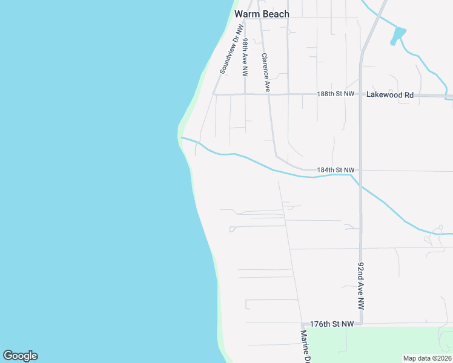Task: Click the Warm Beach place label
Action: click(262, 13)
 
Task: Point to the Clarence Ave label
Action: click(265, 73)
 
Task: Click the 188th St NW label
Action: click(335, 94)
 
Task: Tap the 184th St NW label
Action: click(335, 171)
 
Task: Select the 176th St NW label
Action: click(331, 324)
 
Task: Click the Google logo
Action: click(20, 356)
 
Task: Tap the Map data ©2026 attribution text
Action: click(427, 358)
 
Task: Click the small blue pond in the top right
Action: click(397, 35)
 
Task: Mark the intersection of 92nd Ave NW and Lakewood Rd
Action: click(360, 95)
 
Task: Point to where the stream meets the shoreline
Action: click(181, 138)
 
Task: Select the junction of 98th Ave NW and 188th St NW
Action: click(245, 94)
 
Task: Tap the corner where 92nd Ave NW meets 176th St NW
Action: click(361, 324)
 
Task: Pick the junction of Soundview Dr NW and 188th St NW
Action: click(213, 94)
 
